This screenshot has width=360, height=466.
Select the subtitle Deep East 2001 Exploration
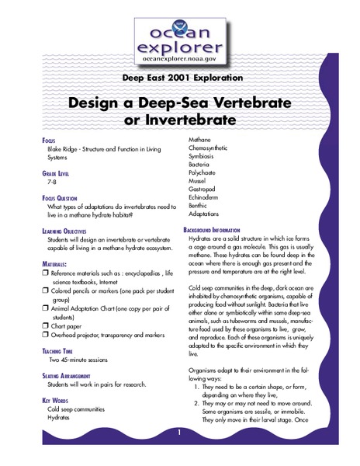click(x=179, y=78)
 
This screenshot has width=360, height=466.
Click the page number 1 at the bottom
click(x=179, y=433)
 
